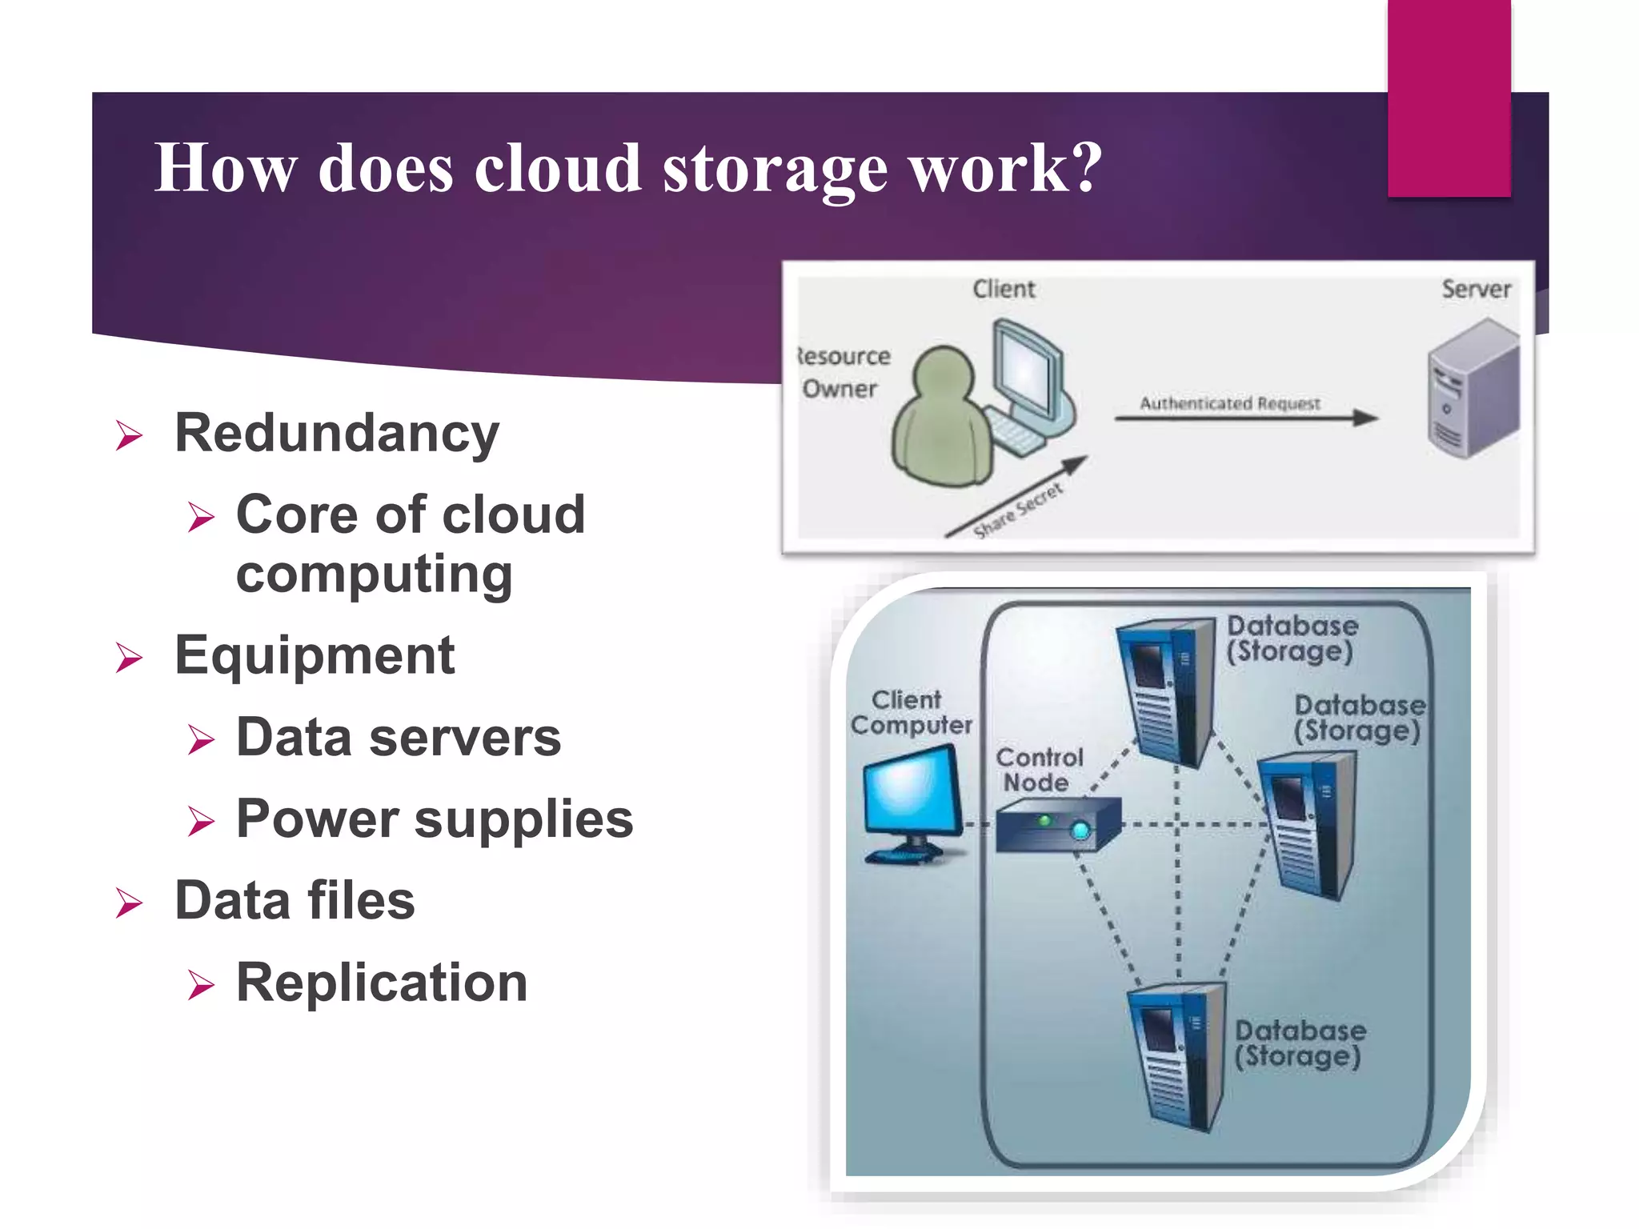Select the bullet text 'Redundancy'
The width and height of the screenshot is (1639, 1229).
coord(337,433)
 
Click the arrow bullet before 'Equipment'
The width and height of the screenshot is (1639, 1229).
coord(130,658)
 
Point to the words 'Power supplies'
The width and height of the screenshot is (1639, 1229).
coord(435,819)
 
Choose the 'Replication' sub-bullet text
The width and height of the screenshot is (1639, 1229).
coord(382,983)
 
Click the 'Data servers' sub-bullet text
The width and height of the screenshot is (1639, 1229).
coord(399,737)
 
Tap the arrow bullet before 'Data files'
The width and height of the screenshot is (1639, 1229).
coord(130,903)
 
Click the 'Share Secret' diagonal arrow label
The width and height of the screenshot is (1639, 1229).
coord(1018,509)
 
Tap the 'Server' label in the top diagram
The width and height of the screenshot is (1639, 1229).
coord(1476,289)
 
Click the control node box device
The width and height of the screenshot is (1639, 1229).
coord(1056,827)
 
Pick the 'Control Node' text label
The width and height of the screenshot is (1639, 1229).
coord(1039,770)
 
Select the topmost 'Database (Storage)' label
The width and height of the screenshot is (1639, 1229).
coord(1292,639)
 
